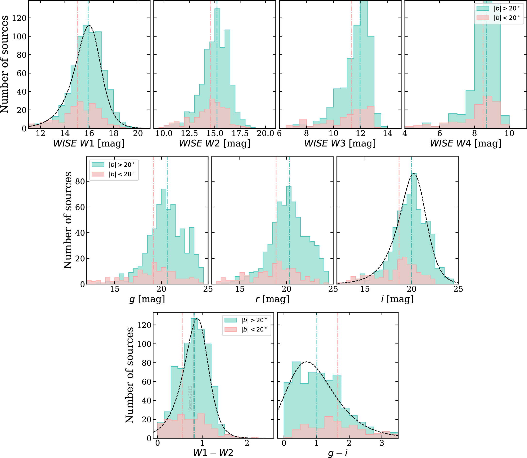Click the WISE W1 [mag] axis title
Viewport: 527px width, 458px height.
click(x=89, y=143)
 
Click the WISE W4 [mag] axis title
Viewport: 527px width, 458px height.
click(x=465, y=143)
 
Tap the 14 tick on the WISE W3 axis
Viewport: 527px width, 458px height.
click(x=388, y=134)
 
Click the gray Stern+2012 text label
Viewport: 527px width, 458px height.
click(x=190, y=398)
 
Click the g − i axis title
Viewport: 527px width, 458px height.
click(x=337, y=453)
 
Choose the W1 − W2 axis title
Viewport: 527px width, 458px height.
click(x=213, y=453)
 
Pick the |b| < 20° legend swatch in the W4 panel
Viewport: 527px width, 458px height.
click(x=483, y=18)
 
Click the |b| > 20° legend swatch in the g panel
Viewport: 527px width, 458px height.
click(x=98, y=165)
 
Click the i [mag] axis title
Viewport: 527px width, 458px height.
click(x=397, y=299)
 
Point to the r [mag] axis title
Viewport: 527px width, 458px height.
click(x=272, y=299)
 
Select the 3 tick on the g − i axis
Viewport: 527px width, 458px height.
click(x=382, y=443)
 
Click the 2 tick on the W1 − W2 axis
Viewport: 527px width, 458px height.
click(x=247, y=443)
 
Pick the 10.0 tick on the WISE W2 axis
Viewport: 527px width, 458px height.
click(x=164, y=134)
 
